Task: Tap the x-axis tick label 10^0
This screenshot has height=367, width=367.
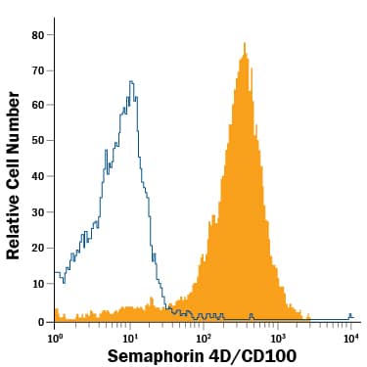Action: pos(56,337)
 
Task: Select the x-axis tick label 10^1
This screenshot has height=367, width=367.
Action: pos(130,337)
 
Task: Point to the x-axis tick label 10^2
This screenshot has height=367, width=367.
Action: pos(204,337)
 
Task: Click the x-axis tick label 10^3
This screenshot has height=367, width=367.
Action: pos(278,337)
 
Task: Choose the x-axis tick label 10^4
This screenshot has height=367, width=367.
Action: pos(350,337)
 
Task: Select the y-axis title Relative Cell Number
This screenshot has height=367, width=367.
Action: pos(14,177)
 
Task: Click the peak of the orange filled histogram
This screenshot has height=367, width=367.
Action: pos(242,45)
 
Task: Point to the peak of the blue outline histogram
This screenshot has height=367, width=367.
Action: pos(130,82)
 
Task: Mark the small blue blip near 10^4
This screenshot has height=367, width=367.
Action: pos(350,315)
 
